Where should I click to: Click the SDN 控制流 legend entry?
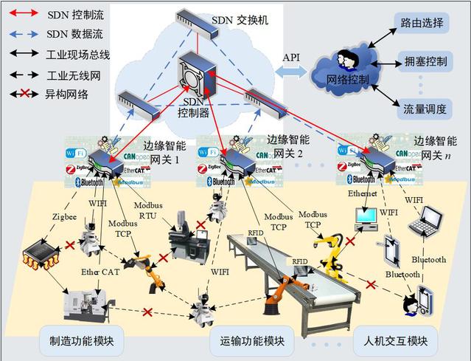(x=44, y=13)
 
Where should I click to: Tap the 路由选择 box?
(x=421, y=23)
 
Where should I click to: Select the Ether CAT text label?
(x=100, y=272)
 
